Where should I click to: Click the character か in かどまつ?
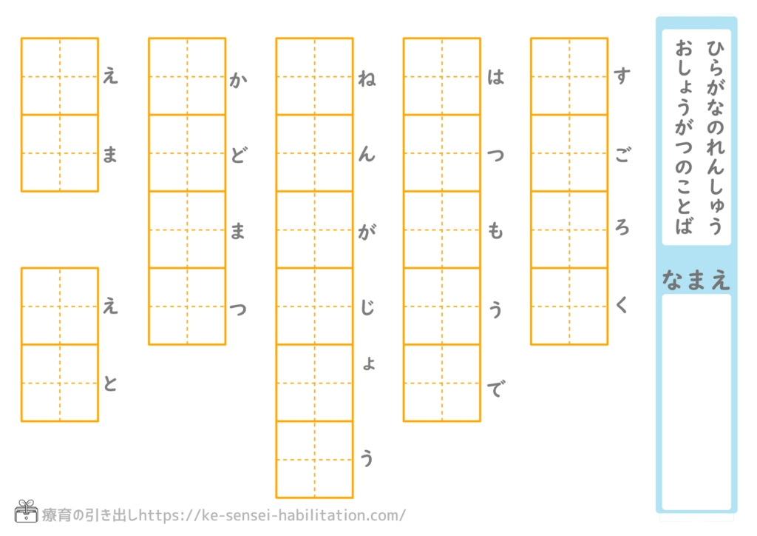(237, 78)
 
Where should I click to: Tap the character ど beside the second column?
(237, 155)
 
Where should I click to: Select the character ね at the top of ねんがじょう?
(366, 78)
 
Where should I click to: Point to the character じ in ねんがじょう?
(366, 308)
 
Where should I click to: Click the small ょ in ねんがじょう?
(367, 364)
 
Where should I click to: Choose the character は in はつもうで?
(495, 78)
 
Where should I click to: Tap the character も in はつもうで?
(495, 232)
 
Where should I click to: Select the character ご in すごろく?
(622, 155)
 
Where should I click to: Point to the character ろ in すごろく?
(622, 230)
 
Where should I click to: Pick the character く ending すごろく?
(622, 306)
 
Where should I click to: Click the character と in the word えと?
(110, 385)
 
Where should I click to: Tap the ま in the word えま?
(110, 155)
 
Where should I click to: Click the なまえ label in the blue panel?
(696, 279)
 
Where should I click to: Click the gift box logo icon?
(26, 512)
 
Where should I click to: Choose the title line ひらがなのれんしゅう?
(713, 137)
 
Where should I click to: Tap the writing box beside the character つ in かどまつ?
(187, 306)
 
